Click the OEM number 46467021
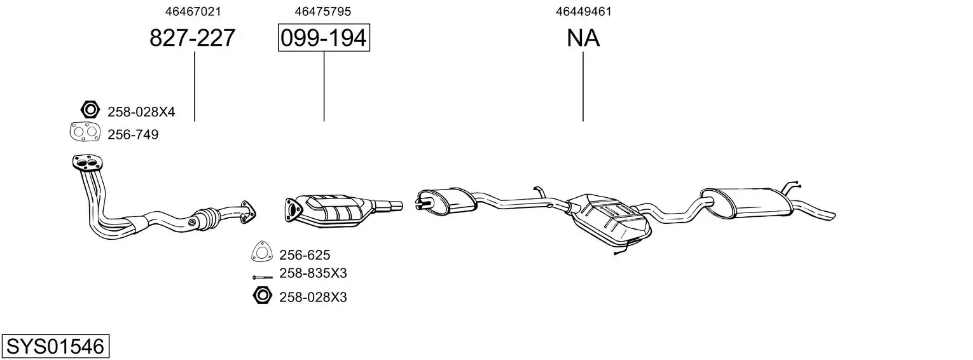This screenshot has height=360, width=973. click(193, 11)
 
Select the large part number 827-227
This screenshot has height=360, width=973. click(193, 38)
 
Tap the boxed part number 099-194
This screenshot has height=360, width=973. click(324, 38)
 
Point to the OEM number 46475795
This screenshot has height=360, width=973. click(322, 11)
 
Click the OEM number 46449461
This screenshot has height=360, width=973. click(583, 11)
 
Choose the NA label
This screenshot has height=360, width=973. click(583, 38)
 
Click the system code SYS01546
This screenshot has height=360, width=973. click(55, 347)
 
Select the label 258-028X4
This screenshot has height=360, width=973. click(141, 112)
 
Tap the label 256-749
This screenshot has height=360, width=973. click(133, 135)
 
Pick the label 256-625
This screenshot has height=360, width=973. click(305, 255)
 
